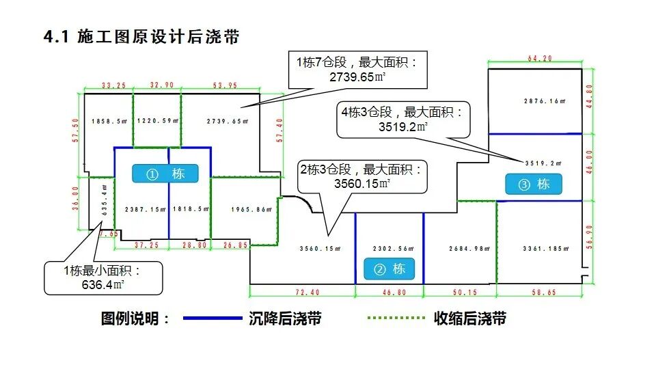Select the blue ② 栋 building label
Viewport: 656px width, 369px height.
[x=389, y=269]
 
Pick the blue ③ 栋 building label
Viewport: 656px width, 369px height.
[x=533, y=184]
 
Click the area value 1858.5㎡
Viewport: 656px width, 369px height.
[x=109, y=121]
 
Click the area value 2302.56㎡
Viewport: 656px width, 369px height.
[x=389, y=249]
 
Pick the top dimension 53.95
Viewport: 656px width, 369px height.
[x=221, y=85]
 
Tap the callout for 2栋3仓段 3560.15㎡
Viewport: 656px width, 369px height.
[x=361, y=176]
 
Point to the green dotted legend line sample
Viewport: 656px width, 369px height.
[x=396, y=318]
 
